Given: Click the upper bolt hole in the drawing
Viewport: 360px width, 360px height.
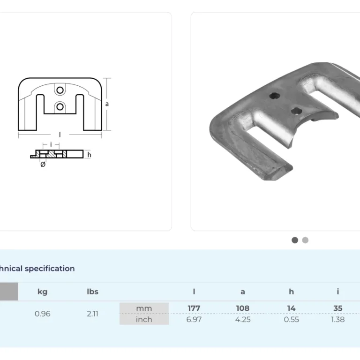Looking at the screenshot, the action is click(60, 90).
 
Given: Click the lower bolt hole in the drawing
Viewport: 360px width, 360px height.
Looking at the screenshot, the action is click(60, 106).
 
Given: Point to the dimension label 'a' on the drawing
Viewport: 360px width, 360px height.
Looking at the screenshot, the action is click(107, 104).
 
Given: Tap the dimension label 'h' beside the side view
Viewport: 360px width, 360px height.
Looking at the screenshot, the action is click(89, 155).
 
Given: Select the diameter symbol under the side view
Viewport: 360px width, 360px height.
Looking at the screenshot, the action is click(43, 165).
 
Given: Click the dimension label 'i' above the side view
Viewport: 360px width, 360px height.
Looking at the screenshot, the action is click(51, 144).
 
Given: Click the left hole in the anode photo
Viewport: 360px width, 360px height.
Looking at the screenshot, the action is click(274, 96).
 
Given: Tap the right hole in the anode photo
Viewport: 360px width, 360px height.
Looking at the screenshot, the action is click(296, 111).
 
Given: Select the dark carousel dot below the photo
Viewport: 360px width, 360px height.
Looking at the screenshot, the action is click(295, 240).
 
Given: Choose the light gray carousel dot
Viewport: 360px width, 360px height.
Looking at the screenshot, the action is click(305, 240).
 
